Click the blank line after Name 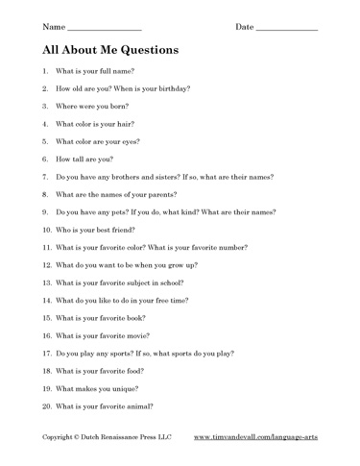click(106, 28)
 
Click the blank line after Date click(286, 28)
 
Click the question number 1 click(46, 71)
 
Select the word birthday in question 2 click(172, 88)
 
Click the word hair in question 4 click(124, 124)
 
